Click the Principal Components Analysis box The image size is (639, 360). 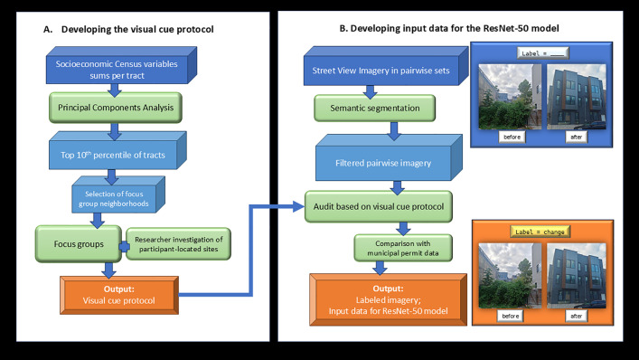tap(116, 108)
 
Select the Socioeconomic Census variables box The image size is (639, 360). tap(121, 65)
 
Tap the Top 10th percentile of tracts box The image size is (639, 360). tap(117, 150)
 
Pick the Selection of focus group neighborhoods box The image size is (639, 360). tap(118, 194)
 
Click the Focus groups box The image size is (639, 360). tap(79, 244)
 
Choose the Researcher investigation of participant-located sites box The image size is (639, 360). tap(178, 244)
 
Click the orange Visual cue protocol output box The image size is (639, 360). tap(119, 295)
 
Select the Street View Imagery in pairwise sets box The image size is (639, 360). tap(386, 66)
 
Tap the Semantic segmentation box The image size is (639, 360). tap(374, 108)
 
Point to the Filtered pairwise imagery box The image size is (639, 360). tap(389, 157)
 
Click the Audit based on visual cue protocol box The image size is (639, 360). tap(379, 207)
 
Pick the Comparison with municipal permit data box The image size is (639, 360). tap(403, 248)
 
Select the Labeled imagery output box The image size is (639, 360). tap(388, 299)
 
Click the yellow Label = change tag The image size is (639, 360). tap(540, 232)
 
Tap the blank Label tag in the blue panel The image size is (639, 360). tap(542, 53)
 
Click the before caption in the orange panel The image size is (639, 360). tap(511, 316)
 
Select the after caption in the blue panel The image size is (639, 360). tap(577, 137)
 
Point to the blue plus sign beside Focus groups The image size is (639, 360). tap(125, 246)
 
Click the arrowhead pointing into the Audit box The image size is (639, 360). tap(298, 207)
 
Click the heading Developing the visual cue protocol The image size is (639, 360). tap(137, 29)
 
